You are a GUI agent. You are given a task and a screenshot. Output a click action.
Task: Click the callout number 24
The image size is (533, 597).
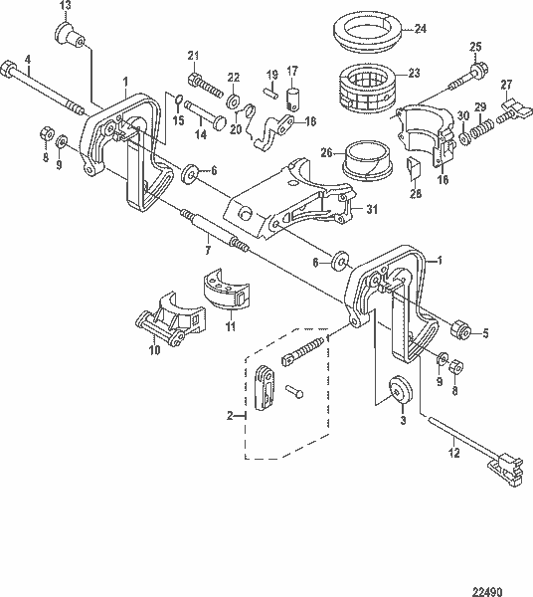click(x=422, y=29)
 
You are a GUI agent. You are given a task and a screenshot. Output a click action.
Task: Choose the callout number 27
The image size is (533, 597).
click(x=507, y=84)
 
